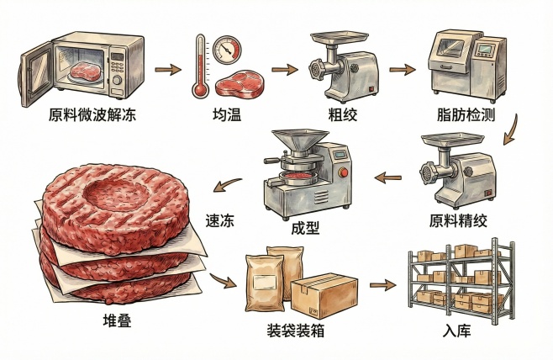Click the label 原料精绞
[457, 220]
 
